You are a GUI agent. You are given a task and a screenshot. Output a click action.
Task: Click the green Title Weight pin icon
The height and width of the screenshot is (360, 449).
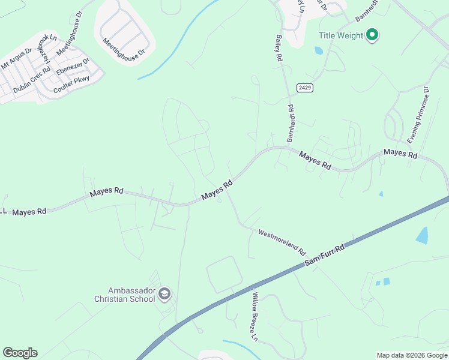tap(372, 35)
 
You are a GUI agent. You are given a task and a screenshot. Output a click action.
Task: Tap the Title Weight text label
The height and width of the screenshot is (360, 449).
tap(341, 35)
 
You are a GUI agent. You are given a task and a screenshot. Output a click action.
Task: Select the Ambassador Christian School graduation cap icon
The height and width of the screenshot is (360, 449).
tap(165, 294)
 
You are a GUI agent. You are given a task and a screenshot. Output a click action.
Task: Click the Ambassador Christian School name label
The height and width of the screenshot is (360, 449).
tap(125, 294)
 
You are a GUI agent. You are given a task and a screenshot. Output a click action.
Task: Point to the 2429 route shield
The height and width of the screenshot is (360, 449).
tap(305, 88)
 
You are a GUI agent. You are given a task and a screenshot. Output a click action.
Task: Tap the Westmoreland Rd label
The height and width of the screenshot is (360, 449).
tap(282, 241)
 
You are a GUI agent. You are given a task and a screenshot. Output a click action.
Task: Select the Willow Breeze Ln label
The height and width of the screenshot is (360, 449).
tap(255, 317)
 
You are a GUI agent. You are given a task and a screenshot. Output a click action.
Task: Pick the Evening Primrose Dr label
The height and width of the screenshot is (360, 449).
tap(418, 115)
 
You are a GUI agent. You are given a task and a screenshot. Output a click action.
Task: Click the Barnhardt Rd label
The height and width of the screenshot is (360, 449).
tap(290, 123)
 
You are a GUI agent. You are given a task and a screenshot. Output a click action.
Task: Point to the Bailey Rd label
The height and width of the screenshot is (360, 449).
tap(278, 49)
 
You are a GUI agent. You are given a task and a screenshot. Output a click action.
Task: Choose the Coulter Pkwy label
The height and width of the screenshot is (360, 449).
tap(71, 86)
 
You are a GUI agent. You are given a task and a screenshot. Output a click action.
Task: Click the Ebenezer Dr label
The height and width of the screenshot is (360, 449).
tap(73, 67)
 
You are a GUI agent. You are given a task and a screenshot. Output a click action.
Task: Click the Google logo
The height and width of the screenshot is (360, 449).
tap(20, 353)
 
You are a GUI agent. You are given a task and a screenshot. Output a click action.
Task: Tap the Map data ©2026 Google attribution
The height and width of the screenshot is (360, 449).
tap(411, 355)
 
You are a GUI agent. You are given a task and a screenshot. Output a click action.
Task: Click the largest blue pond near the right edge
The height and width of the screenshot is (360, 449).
tap(422, 235)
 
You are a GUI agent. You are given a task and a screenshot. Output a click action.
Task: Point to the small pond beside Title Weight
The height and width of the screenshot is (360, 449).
tap(318, 51)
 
